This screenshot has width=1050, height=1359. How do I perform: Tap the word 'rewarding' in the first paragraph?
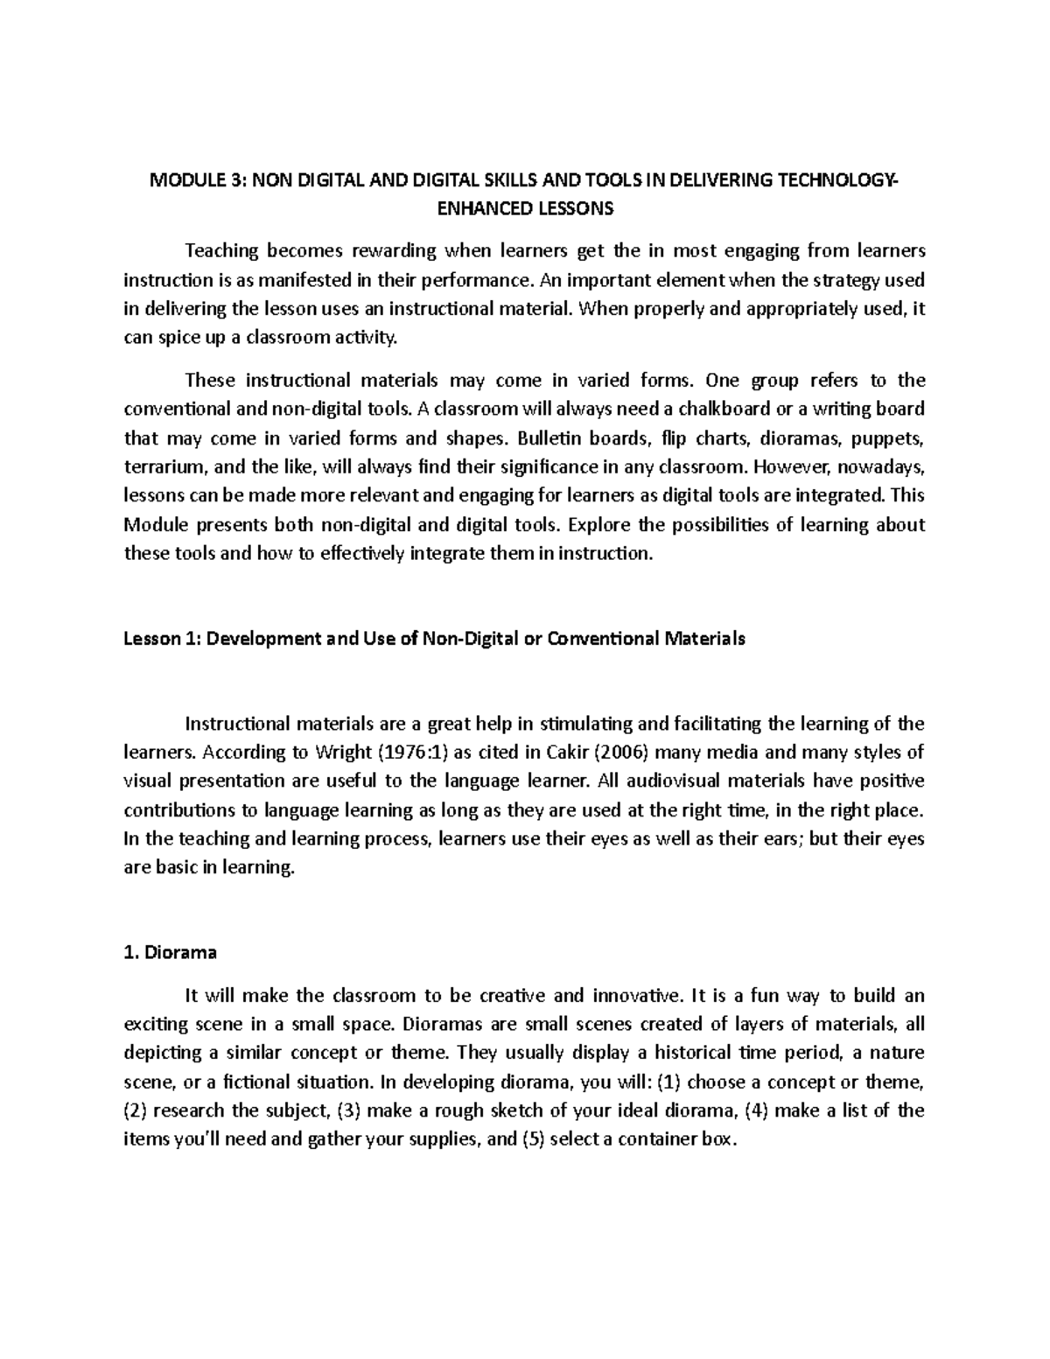coord(393,251)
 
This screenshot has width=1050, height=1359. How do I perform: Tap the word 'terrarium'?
coord(160,466)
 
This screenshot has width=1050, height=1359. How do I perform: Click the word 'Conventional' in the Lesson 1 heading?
coord(601,638)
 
